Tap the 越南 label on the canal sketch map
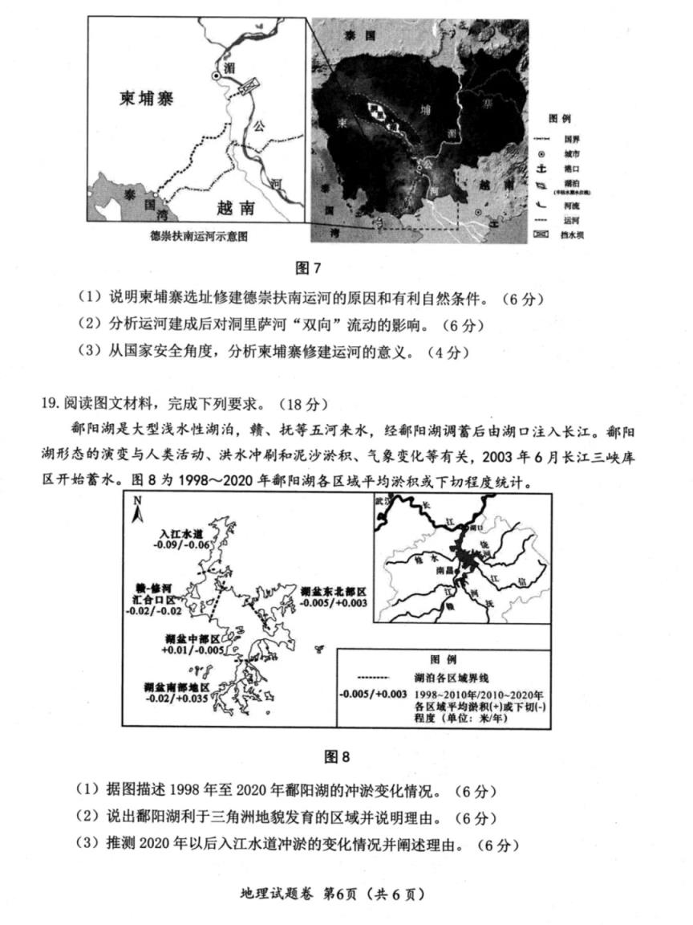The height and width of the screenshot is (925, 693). (235, 208)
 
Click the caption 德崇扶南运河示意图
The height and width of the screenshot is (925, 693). (199, 236)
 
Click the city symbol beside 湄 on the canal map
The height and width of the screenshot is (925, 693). (215, 75)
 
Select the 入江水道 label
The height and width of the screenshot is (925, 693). (181, 533)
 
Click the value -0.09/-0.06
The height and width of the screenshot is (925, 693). (184, 545)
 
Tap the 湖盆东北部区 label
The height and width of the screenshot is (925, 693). (334, 591)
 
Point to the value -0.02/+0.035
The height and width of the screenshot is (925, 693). (177, 699)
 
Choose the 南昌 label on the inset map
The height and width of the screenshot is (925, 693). (446, 569)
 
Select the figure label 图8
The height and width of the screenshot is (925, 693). (337, 756)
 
